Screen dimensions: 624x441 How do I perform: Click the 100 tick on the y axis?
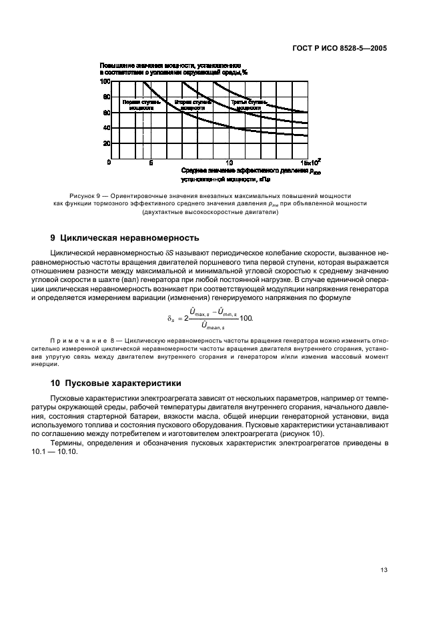coord(105,82)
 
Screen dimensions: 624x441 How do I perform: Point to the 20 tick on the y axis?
coord(106,143)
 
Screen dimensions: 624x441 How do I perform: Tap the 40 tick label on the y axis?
coord(106,128)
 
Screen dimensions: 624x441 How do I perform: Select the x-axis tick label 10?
coord(229,163)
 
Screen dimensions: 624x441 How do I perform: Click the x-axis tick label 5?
coord(151,163)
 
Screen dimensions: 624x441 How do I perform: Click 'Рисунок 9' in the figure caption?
coord(77,195)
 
